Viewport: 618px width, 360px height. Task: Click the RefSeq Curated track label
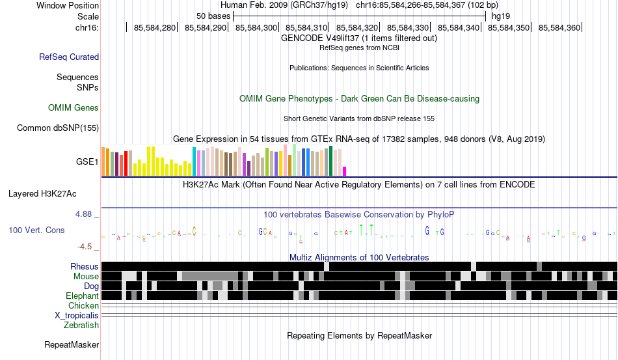pos(69,57)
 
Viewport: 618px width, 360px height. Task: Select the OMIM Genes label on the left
pos(74,107)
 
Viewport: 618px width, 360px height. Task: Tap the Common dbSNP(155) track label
pos(57,128)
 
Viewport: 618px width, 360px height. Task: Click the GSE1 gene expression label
pos(88,161)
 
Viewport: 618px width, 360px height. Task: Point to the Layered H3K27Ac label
pos(42,193)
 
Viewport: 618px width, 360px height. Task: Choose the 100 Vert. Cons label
pos(36,230)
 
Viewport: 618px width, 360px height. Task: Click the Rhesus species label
pos(85,267)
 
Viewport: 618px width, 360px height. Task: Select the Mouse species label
pos(87,277)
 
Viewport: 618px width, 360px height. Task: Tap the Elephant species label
pos(82,296)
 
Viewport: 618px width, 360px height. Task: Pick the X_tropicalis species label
pos(77,315)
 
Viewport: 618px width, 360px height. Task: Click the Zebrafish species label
pos(81,325)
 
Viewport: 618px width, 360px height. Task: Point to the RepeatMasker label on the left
pos(72,344)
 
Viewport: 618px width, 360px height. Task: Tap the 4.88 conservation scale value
pos(87,214)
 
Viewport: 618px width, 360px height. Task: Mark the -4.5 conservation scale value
pos(88,247)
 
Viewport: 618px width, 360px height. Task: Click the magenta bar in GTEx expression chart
pos(345,171)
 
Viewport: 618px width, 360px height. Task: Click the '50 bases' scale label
pos(211,16)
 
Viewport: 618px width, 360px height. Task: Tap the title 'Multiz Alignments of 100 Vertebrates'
pos(359,257)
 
